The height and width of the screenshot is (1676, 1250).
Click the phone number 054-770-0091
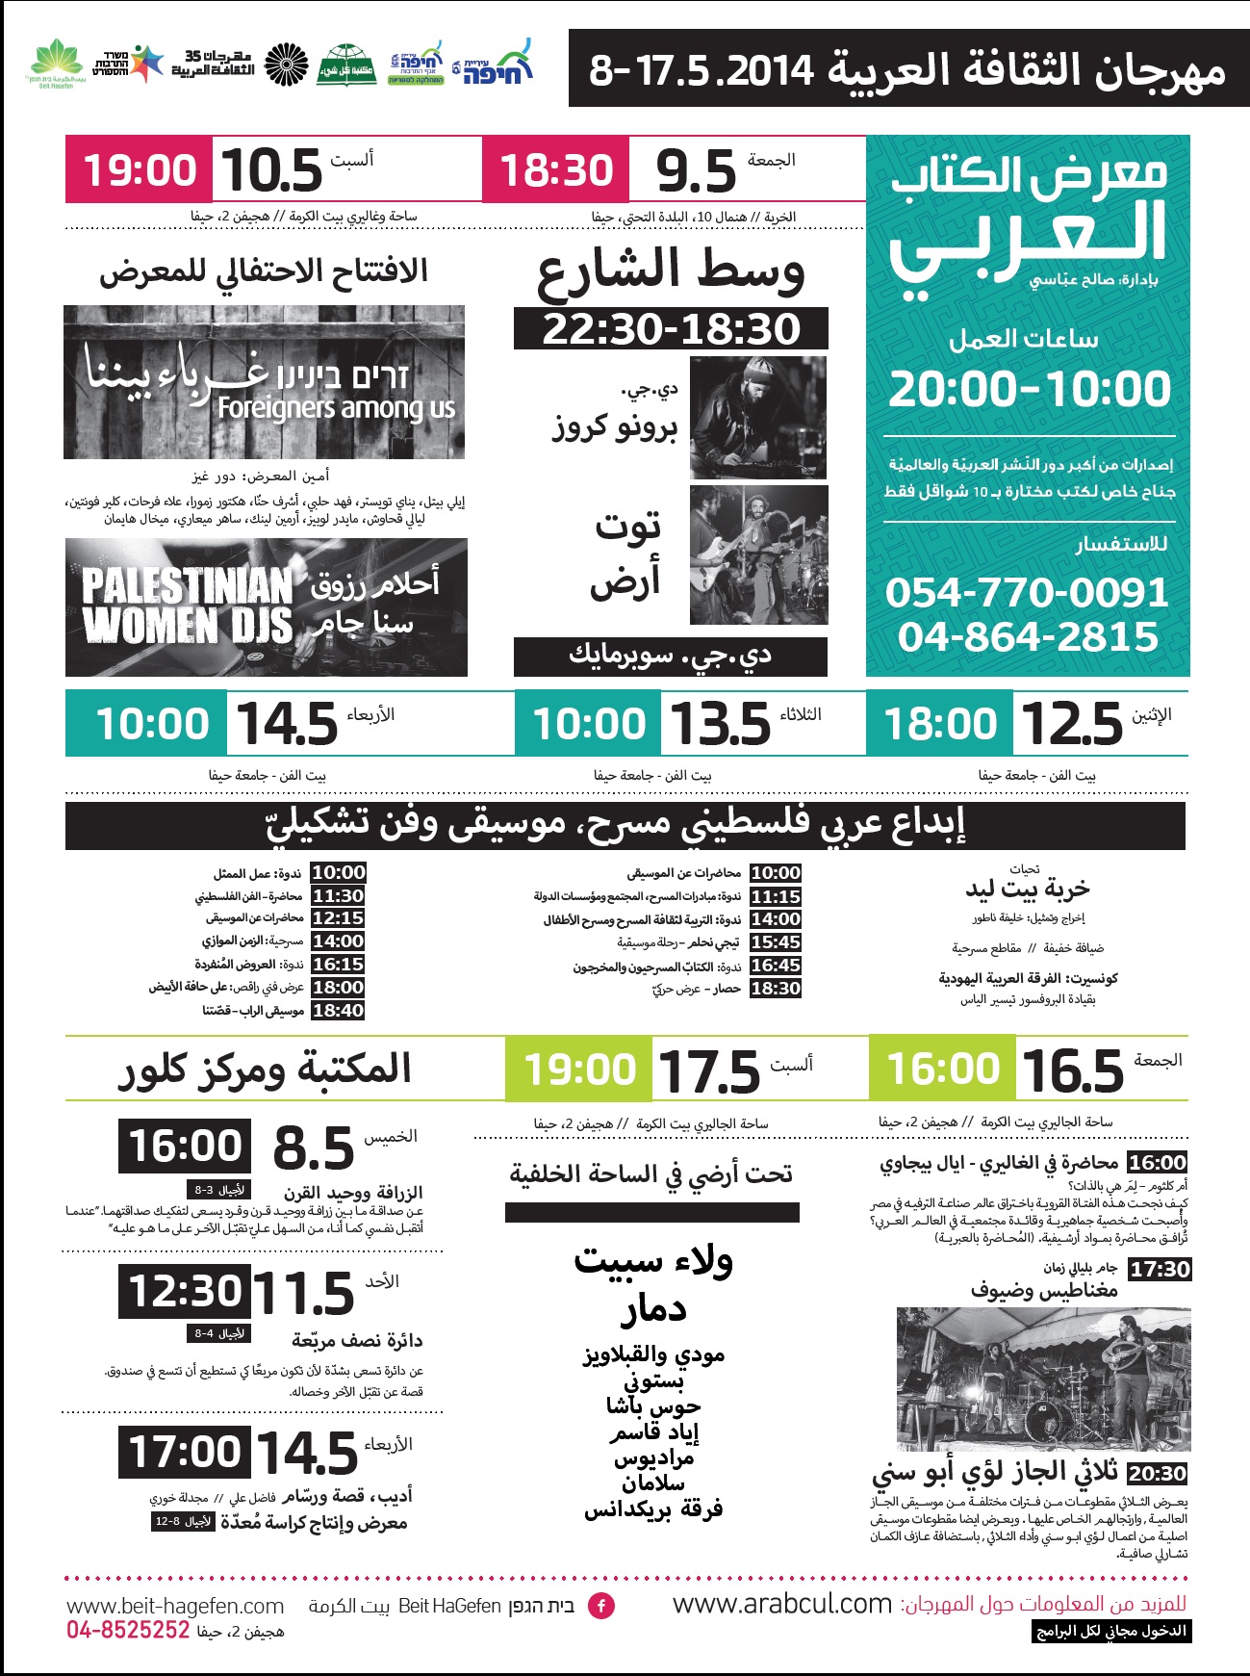(x=1027, y=592)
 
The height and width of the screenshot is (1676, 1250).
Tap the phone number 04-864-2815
(x=1027, y=636)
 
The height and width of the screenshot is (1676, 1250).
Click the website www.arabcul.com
(x=782, y=1604)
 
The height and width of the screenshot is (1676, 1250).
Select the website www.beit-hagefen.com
(x=175, y=1606)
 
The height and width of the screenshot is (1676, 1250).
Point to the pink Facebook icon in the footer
(x=601, y=1606)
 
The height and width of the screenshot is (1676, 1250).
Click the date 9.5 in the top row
(x=695, y=171)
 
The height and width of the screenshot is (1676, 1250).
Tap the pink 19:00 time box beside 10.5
(x=140, y=170)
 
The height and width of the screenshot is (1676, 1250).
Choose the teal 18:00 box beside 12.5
(x=940, y=724)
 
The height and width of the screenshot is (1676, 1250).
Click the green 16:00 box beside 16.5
(x=942, y=1069)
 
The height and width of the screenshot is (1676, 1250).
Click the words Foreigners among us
(x=336, y=408)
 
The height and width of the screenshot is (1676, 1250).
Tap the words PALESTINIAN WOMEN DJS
(x=187, y=606)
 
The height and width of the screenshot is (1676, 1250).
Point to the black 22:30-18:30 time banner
(x=671, y=328)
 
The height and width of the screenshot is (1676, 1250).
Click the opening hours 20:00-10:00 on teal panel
(x=1029, y=388)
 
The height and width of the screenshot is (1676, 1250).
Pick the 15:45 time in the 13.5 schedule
(x=776, y=942)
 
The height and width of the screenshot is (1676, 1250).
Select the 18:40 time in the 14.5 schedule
(x=338, y=1011)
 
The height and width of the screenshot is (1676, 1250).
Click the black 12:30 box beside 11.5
(x=185, y=1291)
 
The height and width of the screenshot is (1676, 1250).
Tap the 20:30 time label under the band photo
(x=1157, y=1474)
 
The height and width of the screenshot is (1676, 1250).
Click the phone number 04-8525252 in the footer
(x=128, y=1630)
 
